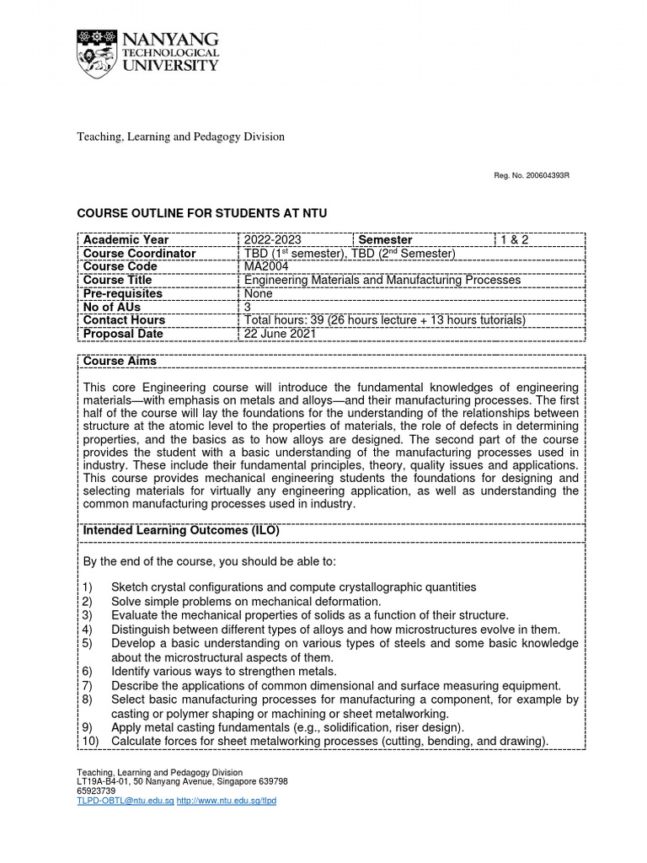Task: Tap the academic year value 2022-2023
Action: click(272, 240)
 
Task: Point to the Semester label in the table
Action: click(385, 240)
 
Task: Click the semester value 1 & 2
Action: click(516, 240)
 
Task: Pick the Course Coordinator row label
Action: click(139, 254)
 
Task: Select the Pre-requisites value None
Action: click(259, 293)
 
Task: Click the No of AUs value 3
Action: click(248, 307)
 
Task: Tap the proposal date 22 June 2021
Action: click(280, 334)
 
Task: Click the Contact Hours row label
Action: click(124, 320)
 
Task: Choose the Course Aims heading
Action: click(120, 362)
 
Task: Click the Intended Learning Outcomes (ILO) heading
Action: click(180, 531)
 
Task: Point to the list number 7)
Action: click(87, 686)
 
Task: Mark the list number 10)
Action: click(89, 742)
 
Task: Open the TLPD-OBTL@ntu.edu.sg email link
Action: click(125, 801)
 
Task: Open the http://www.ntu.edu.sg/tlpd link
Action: click(226, 801)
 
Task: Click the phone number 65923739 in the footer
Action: click(96, 791)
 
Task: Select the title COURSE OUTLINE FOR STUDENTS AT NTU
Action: click(201, 214)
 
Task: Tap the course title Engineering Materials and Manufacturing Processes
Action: click(382, 280)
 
